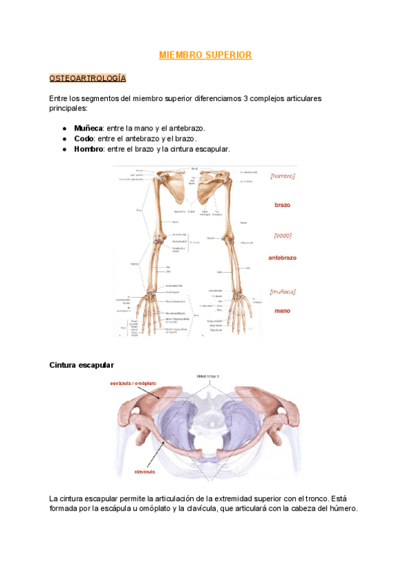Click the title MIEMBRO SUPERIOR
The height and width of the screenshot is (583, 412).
[x=205, y=54]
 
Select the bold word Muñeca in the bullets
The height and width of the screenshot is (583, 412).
[x=88, y=129]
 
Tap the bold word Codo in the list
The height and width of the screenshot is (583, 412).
[x=84, y=139]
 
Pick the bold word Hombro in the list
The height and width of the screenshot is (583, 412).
[x=88, y=149]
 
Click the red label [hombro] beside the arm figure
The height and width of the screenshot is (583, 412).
[x=283, y=176]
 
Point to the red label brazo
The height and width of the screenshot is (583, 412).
[x=282, y=205]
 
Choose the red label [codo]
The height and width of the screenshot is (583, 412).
[x=282, y=235]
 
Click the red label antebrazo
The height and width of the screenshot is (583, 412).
[x=282, y=258]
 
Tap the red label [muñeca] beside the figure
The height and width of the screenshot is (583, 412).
[x=282, y=291]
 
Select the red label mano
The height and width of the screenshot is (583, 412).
[x=282, y=311]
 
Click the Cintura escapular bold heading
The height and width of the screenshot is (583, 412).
[x=82, y=364]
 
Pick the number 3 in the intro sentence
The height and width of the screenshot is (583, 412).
[x=245, y=98]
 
